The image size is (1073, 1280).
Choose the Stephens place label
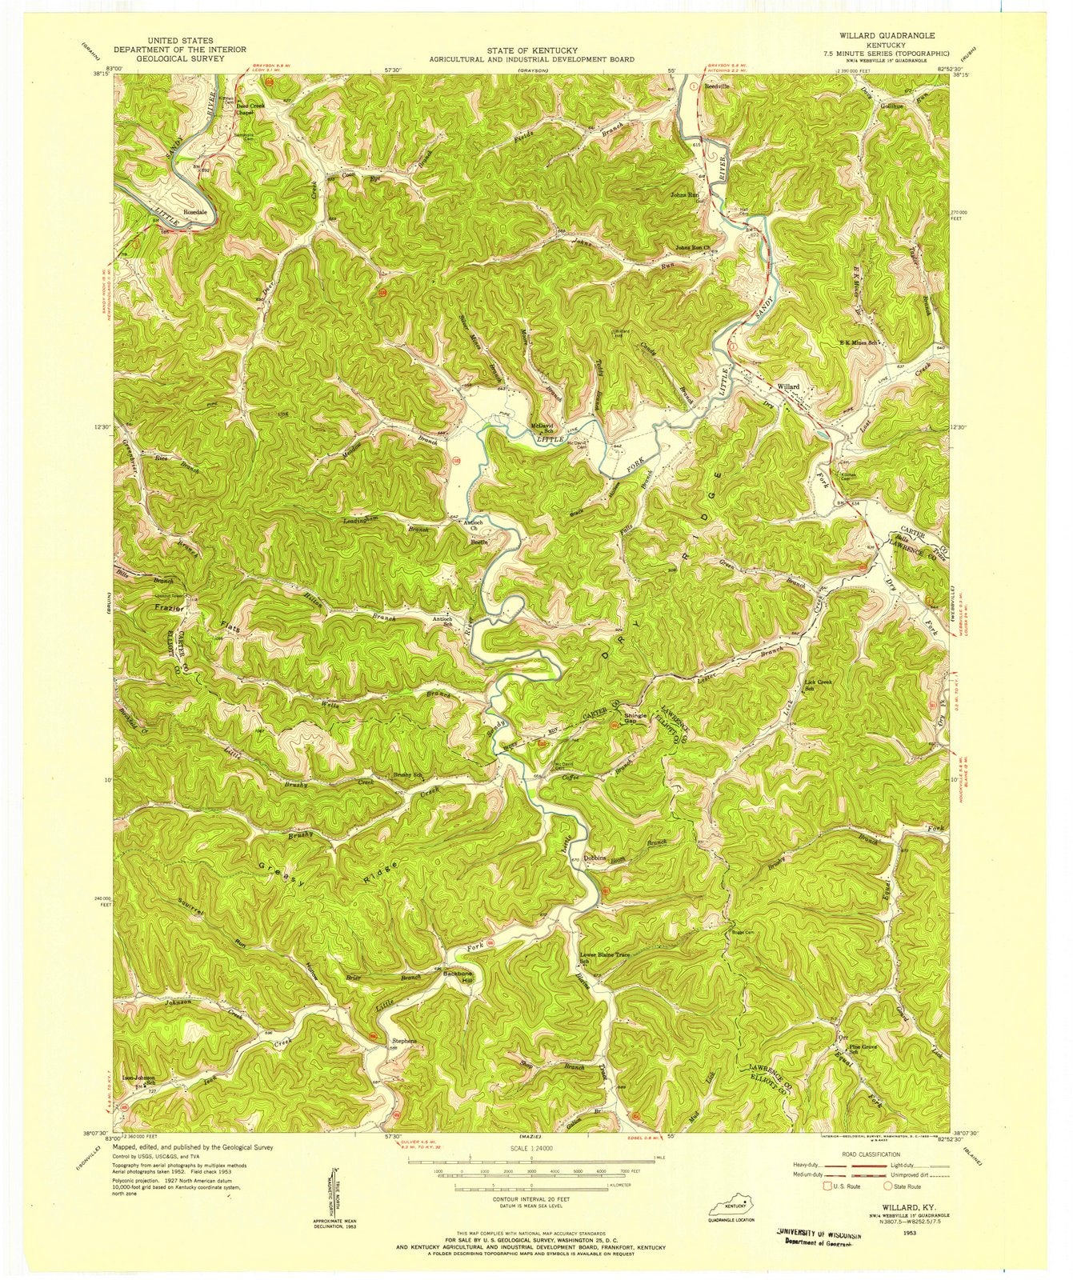403,1041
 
